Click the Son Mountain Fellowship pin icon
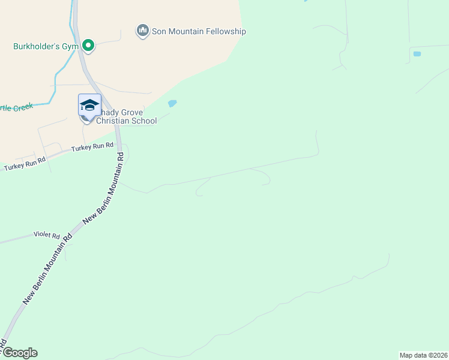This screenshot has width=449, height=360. [x=143, y=31]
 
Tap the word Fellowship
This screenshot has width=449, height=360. [x=226, y=31]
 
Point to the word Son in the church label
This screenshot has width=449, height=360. [x=160, y=31]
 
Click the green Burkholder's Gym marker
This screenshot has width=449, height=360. [x=88, y=45]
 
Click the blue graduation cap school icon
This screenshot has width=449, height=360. [x=89, y=105]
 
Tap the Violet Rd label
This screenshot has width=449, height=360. [x=47, y=235]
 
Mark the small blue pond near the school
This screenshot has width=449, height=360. [x=172, y=103]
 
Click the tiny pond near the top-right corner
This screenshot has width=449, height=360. [x=417, y=54]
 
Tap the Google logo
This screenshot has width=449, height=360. [x=19, y=353]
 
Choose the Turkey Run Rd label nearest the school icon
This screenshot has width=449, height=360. [x=92, y=146]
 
